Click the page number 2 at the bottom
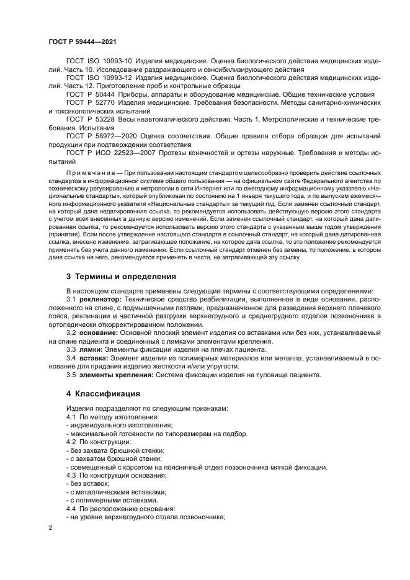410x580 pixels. (x=51, y=527)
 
